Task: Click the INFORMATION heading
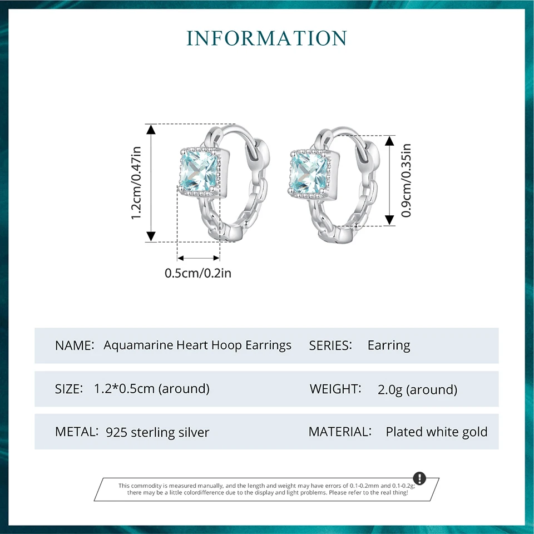(267, 38)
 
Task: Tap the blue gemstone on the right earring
(310, 172)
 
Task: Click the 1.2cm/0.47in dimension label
(137, 182)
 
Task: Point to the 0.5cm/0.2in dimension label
(197, 273)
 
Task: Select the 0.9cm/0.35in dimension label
(406, 180)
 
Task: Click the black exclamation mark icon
(419, 478)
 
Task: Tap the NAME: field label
(75, 345)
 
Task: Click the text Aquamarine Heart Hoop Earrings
(197, 345)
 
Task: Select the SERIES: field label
(330, 345)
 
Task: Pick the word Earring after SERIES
(389, 345)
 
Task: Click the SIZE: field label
(69, 389)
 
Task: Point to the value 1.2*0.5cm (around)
(152, 389)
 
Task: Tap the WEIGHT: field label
(335, 388)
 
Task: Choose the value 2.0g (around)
(417, 389)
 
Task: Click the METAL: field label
(77, 432)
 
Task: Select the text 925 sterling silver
(157, 432)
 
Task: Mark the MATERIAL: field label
(340, 432)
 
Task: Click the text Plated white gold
(437, 432)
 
